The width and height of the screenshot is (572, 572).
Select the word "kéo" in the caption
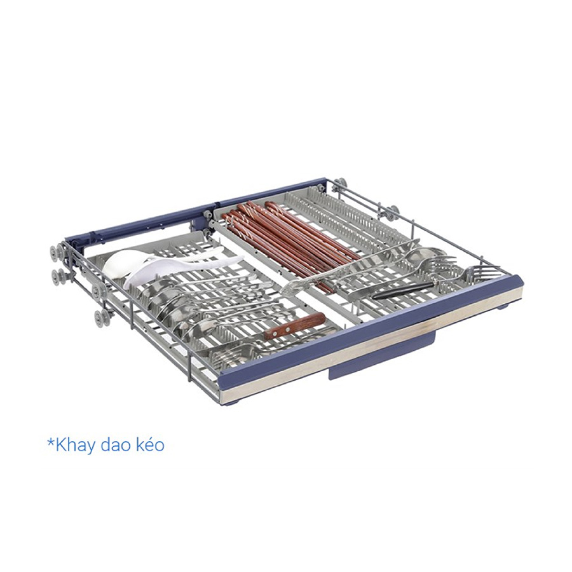coord(150,444)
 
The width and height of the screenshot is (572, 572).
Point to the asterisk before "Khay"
coord(51,442)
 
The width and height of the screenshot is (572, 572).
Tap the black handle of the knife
coord(404,290)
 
